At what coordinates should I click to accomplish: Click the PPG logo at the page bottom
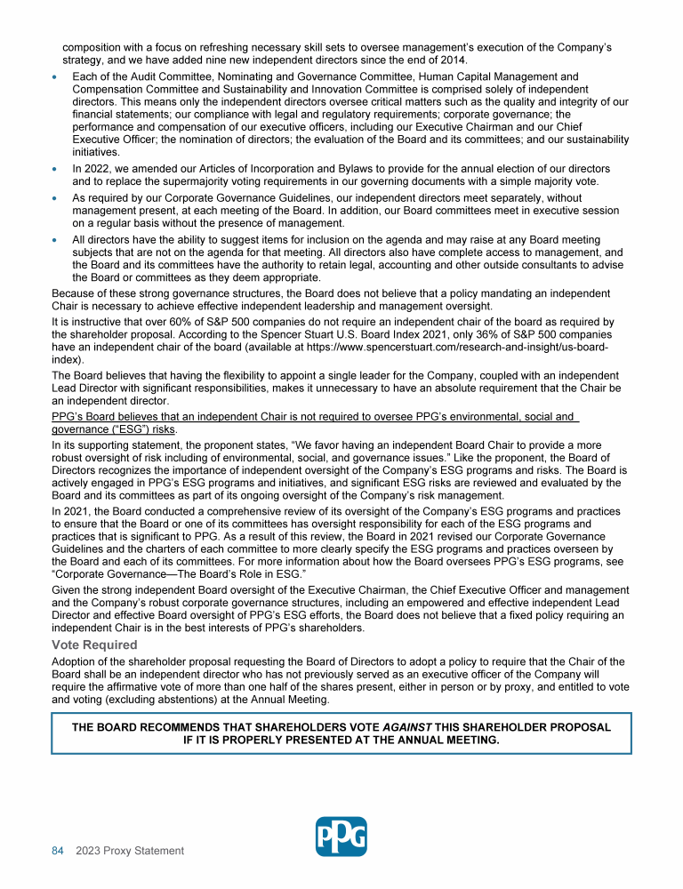click(341, 837)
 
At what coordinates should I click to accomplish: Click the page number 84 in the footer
click(58, 851)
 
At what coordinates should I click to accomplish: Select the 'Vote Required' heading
click(94, 645)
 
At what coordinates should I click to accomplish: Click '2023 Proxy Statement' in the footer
click(130, 851)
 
